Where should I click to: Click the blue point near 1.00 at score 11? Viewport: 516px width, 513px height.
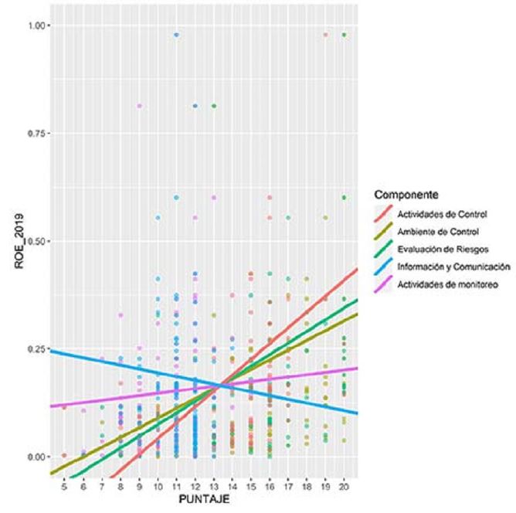pyautogui.click(x=177, y=35)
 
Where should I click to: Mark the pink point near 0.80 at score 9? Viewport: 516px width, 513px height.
pyautogui.click(x=140, y=106)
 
